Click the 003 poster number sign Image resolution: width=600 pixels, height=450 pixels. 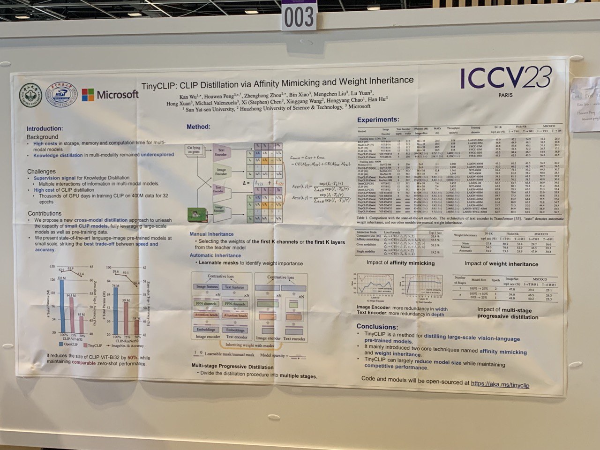click(x=299, y=17)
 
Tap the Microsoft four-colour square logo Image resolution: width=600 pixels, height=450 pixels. click(x=88, y=95)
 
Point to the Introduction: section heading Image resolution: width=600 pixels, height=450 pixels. click(x=45, y=128)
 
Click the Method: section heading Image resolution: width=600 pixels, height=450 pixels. click(x=198, y=127)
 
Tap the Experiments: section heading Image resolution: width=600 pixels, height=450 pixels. click(x=378, y=120)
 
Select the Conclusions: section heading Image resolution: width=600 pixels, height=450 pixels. click(x=377, y=327)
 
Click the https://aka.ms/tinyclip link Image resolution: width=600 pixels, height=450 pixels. click(x=500, y=383)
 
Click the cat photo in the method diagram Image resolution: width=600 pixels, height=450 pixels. click(x=197, y=215)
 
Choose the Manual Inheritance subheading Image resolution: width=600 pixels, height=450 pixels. click(x=211, y=234)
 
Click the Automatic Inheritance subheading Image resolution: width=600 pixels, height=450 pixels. click(x=215, y=255)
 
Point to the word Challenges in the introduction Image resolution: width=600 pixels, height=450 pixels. click(x=41, y=172)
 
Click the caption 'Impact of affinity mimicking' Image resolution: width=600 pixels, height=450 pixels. click(x=400, y=263)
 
